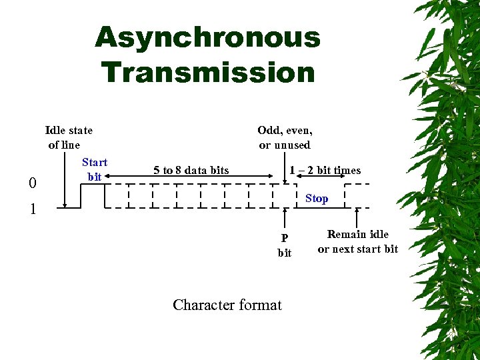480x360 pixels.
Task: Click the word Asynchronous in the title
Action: click(207, 37)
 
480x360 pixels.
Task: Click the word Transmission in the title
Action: click(207, 72)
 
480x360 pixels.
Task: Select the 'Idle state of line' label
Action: click(68, 137)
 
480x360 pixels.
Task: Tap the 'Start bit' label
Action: click(94, 169)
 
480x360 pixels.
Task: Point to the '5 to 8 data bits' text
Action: click(191, 170)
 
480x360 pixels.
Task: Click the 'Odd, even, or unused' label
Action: click(285, 137)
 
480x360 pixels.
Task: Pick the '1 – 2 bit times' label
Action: click(325, 170)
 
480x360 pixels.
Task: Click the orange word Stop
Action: click(317, 198)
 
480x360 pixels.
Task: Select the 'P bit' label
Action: click(285, 245)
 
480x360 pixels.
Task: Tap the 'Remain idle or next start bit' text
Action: click(357, 241)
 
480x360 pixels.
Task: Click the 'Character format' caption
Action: click(227, 305)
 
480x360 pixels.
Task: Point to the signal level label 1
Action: click(33, 209)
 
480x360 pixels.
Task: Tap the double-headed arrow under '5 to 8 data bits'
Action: click(193, 178)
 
